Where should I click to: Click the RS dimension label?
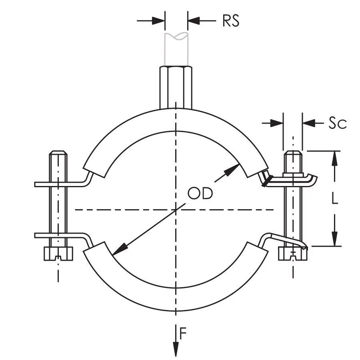coord(231,21)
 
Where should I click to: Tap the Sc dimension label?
coord(338,123)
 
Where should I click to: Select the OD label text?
coord(200,193)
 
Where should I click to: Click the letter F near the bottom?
coord(183,333)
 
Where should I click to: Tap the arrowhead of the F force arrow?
coord(176,349)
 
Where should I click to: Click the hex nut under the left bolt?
coord(58,254)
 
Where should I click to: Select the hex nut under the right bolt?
coord(293,254)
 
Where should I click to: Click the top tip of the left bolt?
coord(58,151)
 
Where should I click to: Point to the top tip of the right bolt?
coord(293,151)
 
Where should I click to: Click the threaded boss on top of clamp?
coord(176,87)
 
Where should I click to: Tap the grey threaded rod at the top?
coord(176,49)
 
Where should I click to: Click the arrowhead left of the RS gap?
coord(158,21)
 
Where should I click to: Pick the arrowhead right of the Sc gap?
coord(309,123)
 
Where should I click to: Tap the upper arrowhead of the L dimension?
coord(335,158)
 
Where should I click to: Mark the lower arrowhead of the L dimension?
coord(335,239)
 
